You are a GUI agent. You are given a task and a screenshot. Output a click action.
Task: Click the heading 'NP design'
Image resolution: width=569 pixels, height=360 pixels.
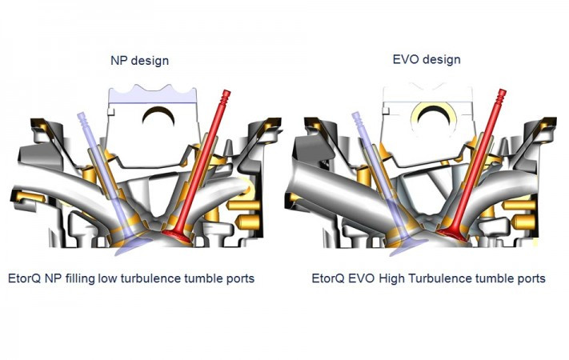140,60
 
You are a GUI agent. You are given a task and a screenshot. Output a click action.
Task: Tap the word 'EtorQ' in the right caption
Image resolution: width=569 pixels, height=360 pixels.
332,278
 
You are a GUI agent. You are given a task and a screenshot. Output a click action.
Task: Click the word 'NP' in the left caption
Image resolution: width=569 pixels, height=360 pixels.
56,278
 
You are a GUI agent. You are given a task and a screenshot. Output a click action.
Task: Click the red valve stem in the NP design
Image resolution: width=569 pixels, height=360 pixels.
206,160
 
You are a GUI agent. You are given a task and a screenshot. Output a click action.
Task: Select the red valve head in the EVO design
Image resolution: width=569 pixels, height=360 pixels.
455,235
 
